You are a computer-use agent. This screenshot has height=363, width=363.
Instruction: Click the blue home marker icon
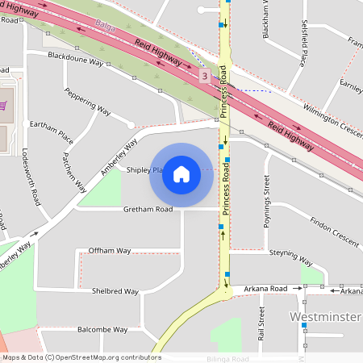pyautogui.click(x=181, y=174)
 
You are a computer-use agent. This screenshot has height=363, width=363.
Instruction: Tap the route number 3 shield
pyautogui.click(x=205, y=76)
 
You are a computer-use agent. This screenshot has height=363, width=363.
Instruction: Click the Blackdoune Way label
pyautogui.click(x=76, y=60)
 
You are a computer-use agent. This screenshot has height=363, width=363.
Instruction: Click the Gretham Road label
pyautogui.click(x=148, y=209)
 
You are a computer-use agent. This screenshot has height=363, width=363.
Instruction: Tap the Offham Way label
pyautogui.click(x=110, y=250)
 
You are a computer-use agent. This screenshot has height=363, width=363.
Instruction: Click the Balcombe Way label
pyautogui.click(x=102, y=329)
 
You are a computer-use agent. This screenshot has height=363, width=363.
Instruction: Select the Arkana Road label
pyautogui.click(x=267, y=288)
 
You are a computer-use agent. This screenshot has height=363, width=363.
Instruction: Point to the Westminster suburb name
pyautogui.click(x=324, y=316)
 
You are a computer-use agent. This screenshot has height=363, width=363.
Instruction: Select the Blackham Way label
pyautogui.click(x=266, y=20)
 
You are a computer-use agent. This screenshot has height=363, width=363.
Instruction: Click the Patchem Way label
pyautogui.click(x=73, y=171)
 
